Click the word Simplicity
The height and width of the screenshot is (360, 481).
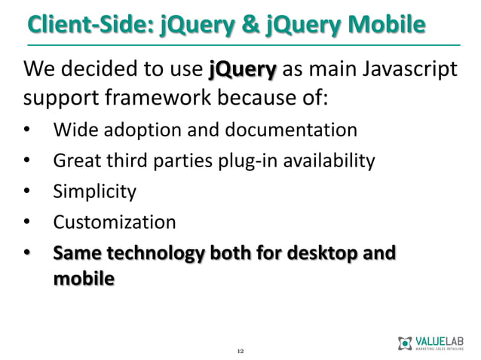pyautogui.click(x=94, y=191)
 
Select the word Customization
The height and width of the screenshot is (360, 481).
pyautogui.click(x=114, y=222)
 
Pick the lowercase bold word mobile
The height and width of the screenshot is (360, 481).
pyautogui.click(x=83, y=278)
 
